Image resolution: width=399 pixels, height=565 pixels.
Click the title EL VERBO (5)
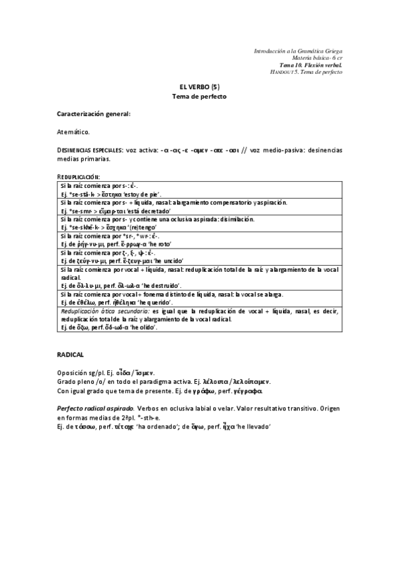(x=199, y=87)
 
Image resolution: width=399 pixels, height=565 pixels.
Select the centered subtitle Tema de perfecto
(x=199, y=97)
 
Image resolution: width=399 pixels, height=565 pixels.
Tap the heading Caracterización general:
(x=93, y=114)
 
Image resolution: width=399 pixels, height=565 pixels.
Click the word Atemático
(x=73, y=133)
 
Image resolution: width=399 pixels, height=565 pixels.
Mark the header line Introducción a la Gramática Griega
(x=298, y=51)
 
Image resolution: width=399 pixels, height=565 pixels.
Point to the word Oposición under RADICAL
(x=73, y=370)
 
